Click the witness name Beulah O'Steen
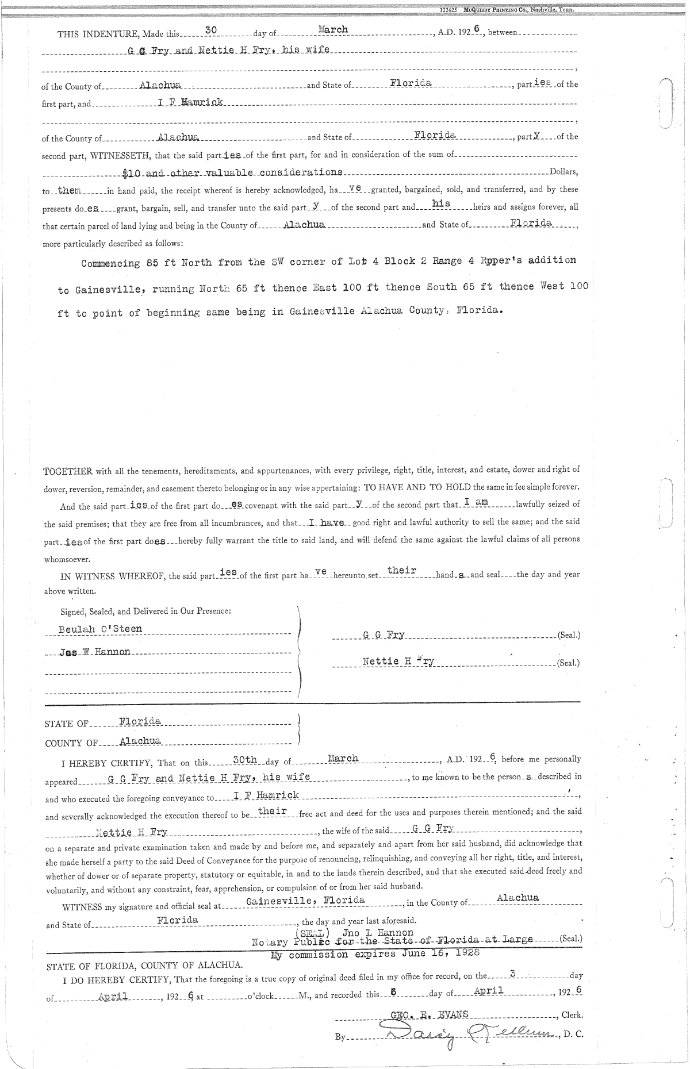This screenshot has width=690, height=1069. [x=100, y=629]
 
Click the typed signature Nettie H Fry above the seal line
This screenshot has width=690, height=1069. [x=398, y=661]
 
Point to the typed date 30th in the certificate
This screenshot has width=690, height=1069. [x=244, y=759]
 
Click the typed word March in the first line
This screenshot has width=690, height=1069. [x=332, y=29]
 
